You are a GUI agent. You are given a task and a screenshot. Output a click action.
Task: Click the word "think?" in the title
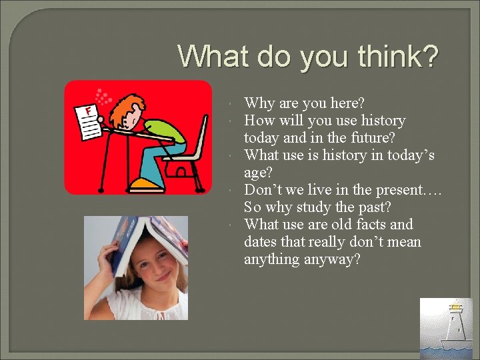pyautogui.click(x=397, y=57)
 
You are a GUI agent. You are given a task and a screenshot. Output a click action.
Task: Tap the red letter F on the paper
pyautogui.click(x=87, y=109)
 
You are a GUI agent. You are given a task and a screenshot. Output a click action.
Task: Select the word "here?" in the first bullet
pyautogui.click(x=347, y=103)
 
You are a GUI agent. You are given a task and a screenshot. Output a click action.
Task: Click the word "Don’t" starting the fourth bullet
pyautogui.click(x=262, y=190)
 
